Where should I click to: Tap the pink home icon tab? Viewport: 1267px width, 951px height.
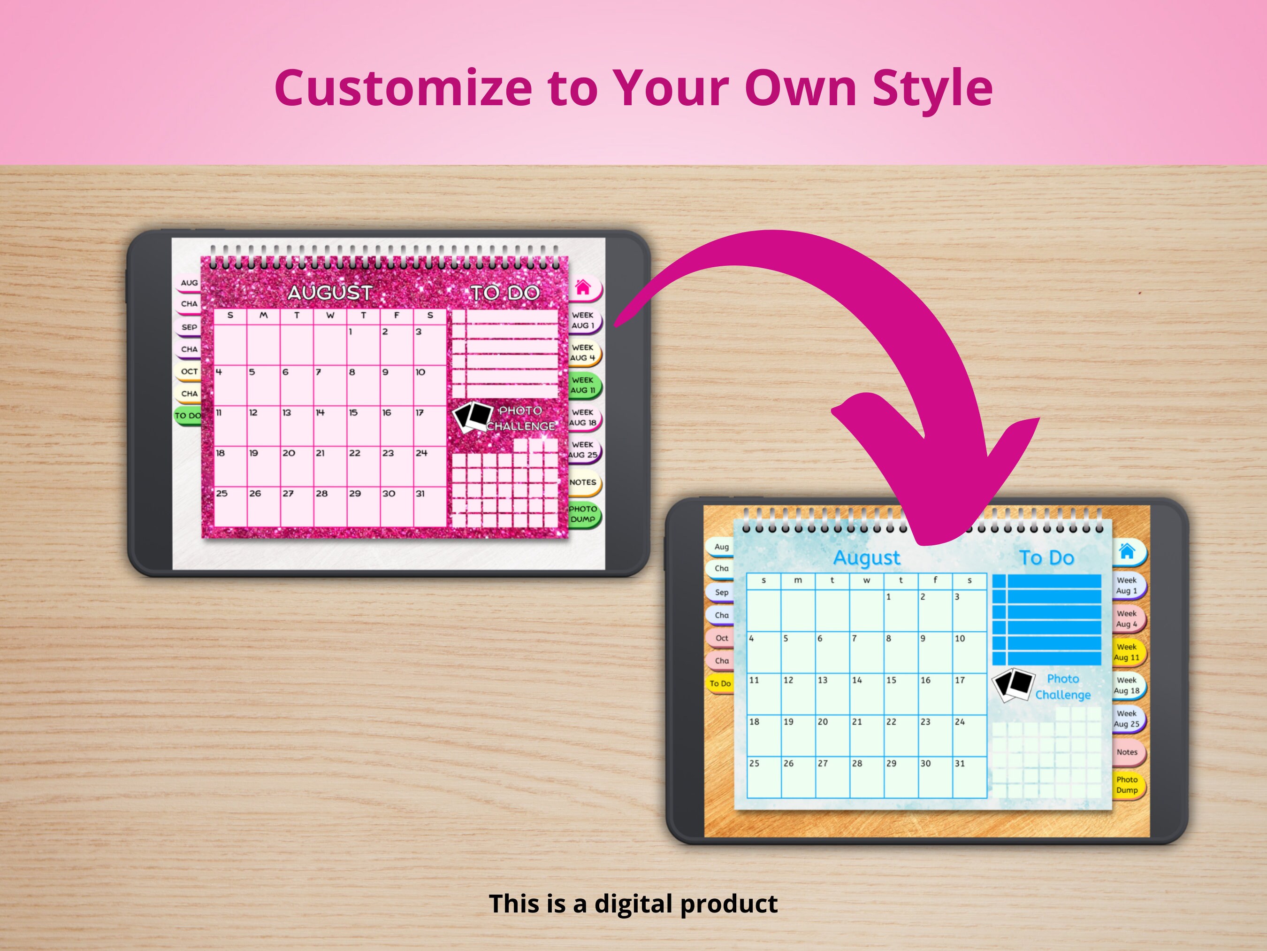(583, 287)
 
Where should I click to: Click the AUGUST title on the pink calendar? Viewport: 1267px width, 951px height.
(330, 293)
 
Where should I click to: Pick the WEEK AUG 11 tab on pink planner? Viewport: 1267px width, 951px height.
(583, 385)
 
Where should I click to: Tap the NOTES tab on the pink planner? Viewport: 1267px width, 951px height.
(583, 482)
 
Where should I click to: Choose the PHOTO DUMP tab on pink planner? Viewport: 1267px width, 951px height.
(583, 514)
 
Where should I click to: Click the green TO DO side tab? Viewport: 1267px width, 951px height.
(188, 416)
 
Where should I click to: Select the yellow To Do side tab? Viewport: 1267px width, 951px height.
(720, 683)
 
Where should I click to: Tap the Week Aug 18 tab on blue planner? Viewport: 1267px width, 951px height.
(1127, 686)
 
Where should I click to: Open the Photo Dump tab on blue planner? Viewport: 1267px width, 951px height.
(1127, 785)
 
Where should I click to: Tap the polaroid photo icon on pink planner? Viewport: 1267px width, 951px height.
(473, 417)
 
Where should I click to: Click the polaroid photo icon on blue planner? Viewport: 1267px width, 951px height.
(1013, 684)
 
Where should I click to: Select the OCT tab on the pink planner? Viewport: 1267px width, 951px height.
(189, 371)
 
